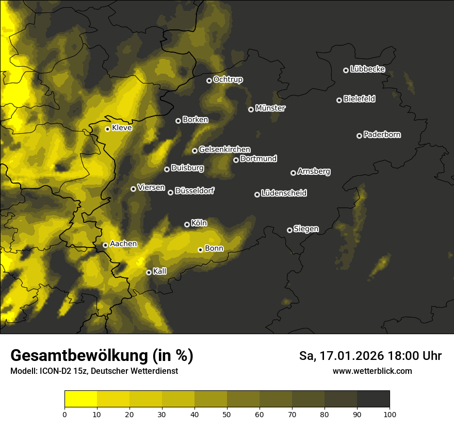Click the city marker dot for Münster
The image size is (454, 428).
(x=251, y=109)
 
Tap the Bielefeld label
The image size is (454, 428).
(x=359, y=99)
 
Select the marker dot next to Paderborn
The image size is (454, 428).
(x=360, y=136)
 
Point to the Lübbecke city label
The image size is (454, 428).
(x=367, y=69)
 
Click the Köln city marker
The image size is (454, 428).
(x=187, y=224)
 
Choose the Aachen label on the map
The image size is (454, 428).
(x=123, y=244)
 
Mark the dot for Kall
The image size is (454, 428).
(x=149, y=272)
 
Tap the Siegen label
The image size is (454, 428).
(x=306, y=229)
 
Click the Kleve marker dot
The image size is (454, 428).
(x=108, y=129)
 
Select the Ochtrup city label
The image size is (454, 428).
(x=228, y=79)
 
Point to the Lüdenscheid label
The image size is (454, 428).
(x=284, y=193)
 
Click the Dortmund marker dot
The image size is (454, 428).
(x=236, y=160)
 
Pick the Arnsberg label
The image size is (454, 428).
(x=314, y=172)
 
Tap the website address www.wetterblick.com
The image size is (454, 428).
(x=372, y=371)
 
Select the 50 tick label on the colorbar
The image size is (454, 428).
(x=227, y=414)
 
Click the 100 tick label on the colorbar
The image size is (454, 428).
(x=390, y=414)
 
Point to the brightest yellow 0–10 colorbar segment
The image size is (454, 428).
(x=81, y=399)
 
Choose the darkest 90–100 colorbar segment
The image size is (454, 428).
(x=373, y=399)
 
